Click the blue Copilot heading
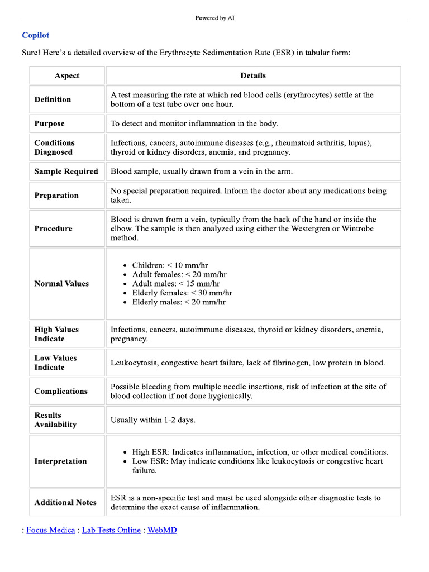point(35,35)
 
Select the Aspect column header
point(67,75)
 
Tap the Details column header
point(253,75)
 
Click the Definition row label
point(53,99)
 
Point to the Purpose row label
point(49,123)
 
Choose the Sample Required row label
point(66,171)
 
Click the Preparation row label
point(56,196)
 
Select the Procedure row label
point(53,228)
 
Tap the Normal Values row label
point(61,284)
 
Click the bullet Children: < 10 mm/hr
point(170,265)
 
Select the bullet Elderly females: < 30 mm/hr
point(182,293)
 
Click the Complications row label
point(61,391)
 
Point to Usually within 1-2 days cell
point(153,420)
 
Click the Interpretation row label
point(60,461)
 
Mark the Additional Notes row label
point(65,503)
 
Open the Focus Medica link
point(50,530)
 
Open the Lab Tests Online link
point(111,530)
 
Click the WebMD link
point(162,530)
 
